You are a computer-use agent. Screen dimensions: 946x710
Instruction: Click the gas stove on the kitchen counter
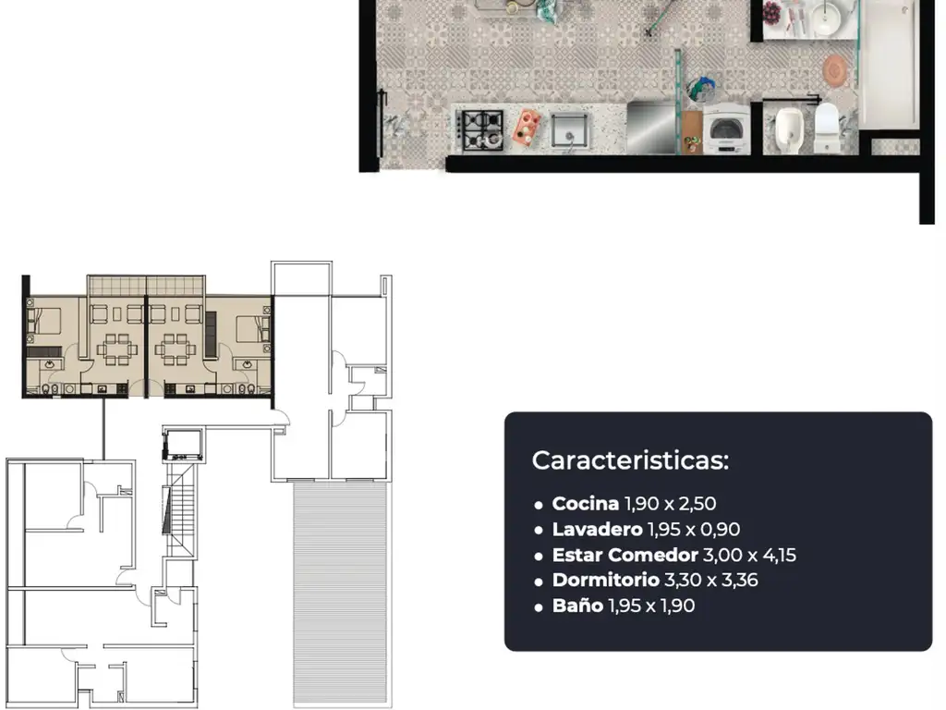480,129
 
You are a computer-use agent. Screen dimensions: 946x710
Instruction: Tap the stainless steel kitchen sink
568,130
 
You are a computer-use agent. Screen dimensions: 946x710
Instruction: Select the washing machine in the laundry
726,129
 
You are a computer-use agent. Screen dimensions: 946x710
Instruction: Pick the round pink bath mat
835,70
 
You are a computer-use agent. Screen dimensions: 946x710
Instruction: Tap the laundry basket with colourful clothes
701,90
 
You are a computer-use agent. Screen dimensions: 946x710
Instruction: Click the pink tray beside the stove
526,128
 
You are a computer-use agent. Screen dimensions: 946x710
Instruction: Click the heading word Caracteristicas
630,460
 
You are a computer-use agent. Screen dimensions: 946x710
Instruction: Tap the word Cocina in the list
585,503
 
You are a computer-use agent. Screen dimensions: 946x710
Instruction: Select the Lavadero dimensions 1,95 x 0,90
693,530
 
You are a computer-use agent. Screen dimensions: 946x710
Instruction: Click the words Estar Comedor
625,555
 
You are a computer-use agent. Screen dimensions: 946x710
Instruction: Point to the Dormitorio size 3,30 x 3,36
710,581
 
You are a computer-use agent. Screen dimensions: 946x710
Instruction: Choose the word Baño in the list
577,605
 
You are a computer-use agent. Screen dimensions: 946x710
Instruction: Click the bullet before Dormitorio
539,582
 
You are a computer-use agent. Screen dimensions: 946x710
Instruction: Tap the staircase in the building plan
181,510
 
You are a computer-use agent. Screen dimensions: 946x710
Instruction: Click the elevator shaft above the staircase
182,445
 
